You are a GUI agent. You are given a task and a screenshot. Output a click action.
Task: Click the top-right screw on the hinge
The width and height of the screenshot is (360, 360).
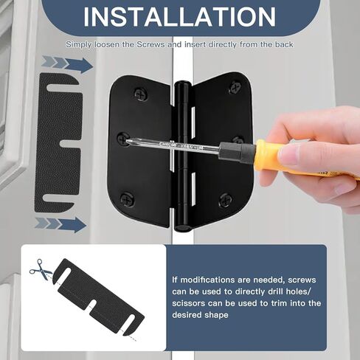point(235,87)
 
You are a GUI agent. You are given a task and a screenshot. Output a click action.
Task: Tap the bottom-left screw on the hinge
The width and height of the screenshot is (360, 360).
point(128,198)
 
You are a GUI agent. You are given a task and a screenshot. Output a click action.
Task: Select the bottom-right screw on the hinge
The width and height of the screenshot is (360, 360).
point(226,199)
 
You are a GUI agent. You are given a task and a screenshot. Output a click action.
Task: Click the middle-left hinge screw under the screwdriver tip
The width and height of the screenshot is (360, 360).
point(123,138)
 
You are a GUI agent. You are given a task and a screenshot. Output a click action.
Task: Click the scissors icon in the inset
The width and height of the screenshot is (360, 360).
point(41,271)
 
